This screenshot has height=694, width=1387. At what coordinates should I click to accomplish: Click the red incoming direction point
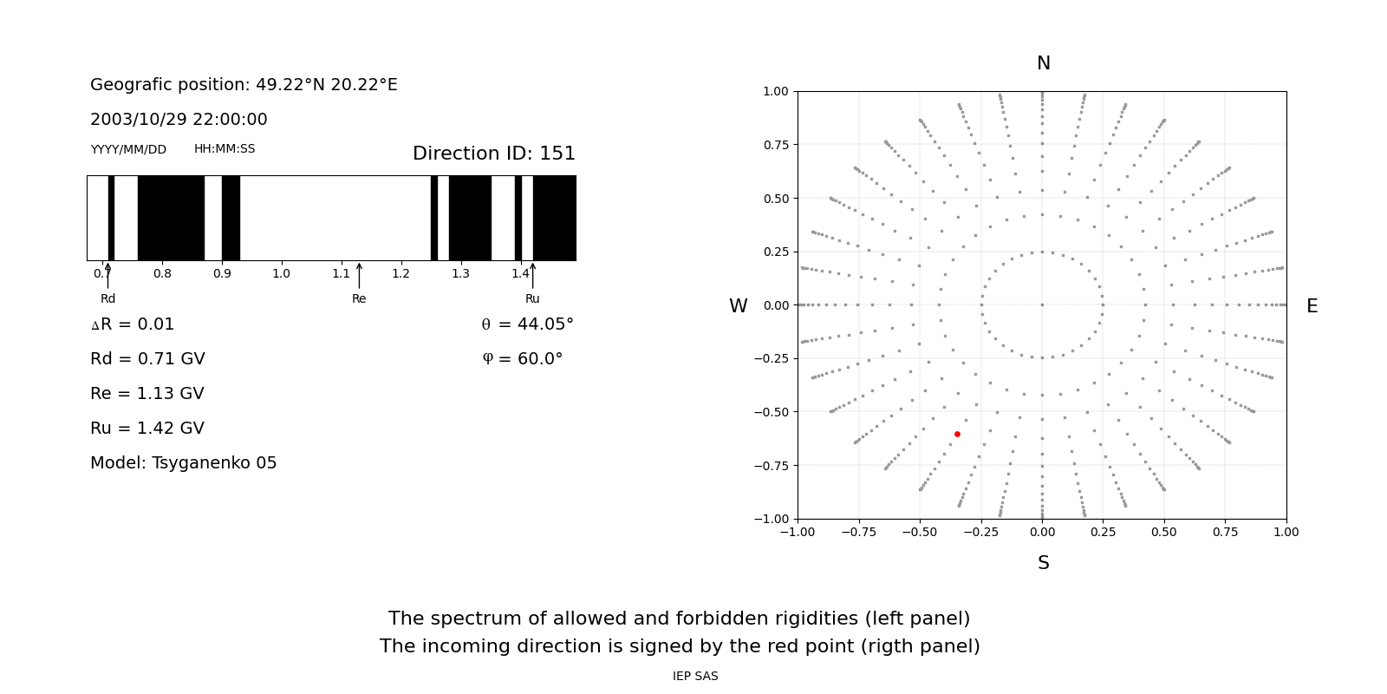pos(957,435)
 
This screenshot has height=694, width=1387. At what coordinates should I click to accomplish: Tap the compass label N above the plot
pos(1044,63)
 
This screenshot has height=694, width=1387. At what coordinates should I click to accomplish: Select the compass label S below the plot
pos(1044,563)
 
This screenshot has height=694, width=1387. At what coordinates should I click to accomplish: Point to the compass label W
pos(738,306)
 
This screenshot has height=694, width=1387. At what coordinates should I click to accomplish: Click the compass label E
pos(1312,306)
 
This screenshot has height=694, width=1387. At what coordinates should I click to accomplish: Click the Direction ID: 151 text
pos(494,153)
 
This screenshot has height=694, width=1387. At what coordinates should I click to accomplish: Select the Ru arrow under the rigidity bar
pos(532,276)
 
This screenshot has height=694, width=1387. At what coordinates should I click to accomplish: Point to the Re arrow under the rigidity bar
pos(359,276)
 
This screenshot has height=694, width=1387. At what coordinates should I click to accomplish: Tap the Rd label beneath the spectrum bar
pos(107,298)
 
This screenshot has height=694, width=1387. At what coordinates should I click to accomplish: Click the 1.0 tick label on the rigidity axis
pos(281,274)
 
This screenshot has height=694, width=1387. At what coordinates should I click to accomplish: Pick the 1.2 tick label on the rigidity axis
pos(400,274)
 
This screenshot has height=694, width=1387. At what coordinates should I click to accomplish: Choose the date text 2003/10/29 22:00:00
pos(179,119)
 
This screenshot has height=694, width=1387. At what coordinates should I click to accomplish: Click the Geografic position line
pos(244,84)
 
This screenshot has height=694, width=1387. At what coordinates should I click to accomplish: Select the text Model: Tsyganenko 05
pos(183,463)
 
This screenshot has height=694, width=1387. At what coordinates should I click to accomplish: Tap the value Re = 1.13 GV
pos(147,394)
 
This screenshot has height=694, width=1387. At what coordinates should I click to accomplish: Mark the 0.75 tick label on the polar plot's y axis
pos(776,145)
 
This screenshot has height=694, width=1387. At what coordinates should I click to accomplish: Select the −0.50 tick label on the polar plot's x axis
pos(920,533)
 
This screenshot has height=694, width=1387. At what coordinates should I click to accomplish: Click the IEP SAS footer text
pos(695,676)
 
